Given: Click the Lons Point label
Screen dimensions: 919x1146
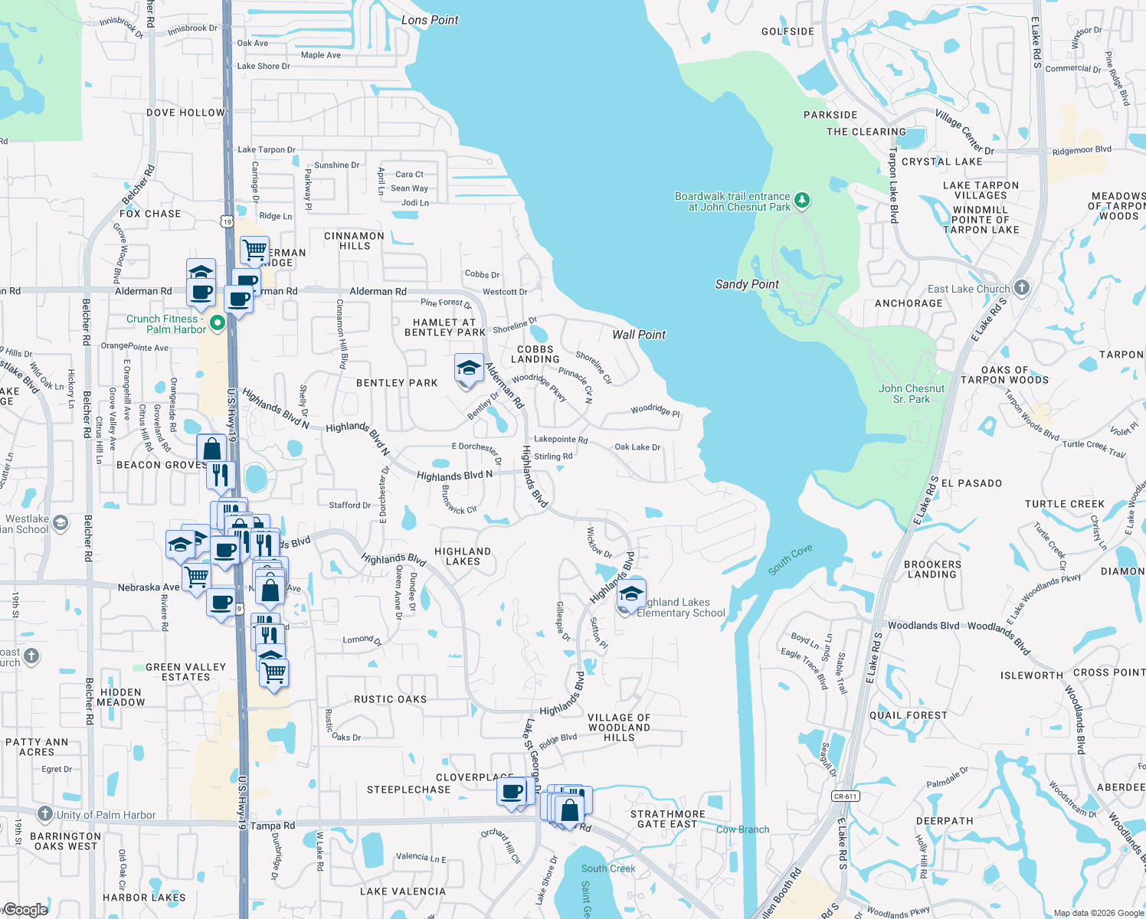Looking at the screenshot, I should tap(430, 20).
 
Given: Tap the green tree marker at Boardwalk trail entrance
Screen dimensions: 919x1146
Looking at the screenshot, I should tap(802, 201).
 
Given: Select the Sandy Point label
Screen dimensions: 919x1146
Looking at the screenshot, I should tap(747, 284).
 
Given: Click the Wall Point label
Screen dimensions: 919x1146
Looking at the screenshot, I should tap(639, 335).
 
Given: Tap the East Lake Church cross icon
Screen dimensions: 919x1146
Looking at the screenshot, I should tap(1021, 288).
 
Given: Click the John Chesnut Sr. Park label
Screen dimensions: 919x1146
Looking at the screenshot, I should tap(911, 394).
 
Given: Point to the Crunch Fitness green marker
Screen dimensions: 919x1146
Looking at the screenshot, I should tap(217, 323).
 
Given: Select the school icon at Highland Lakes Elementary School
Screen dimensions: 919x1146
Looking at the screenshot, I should tap(630, 594).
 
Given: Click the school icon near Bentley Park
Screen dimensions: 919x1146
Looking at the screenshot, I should tap(468, 369).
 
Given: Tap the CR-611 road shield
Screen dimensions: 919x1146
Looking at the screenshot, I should tap(845, 796).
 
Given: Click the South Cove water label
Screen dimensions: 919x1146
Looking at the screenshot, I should tap(790, 560).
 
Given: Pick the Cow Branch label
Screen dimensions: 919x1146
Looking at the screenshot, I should tap(742, 829).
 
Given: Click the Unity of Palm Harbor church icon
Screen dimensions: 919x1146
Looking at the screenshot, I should tap(45, 814).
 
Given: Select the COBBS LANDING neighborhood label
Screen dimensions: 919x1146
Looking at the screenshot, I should tap(535, 354).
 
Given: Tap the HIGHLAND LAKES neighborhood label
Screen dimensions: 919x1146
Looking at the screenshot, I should tap(463, 556).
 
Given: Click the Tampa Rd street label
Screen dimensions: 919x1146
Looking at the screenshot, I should tap(273, 826).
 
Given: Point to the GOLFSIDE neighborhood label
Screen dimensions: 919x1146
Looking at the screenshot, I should tap(787, 31).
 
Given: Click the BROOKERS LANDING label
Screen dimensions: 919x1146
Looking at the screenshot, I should tap(932, 569).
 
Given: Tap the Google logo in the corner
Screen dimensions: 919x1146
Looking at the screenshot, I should tap(26, 909).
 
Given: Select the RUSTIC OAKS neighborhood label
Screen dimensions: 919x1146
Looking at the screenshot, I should tap(390, 699).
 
